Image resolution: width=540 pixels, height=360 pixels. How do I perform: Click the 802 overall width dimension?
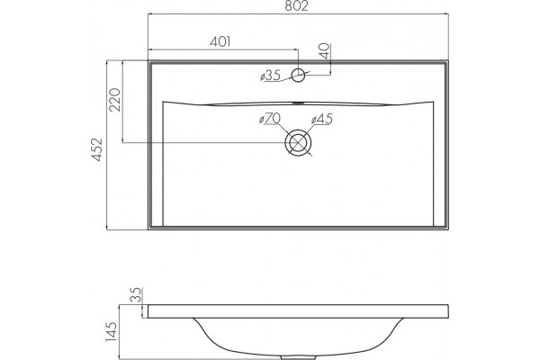click(296, 5)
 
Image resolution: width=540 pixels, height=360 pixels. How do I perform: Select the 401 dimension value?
click(220, 41)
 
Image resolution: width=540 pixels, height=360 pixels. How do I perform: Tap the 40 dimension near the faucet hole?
click(325, 51)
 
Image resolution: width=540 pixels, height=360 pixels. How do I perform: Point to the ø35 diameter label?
click(271, 76)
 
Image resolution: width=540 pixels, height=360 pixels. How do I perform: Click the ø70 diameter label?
click(270, 119)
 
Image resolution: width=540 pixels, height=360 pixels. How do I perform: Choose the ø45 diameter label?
click(322, 119)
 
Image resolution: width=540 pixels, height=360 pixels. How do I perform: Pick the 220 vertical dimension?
click(114, 100)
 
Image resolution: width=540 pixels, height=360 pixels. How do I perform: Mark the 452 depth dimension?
click(97, 149)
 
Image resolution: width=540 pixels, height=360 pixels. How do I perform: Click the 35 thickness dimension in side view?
click(137, 294)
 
